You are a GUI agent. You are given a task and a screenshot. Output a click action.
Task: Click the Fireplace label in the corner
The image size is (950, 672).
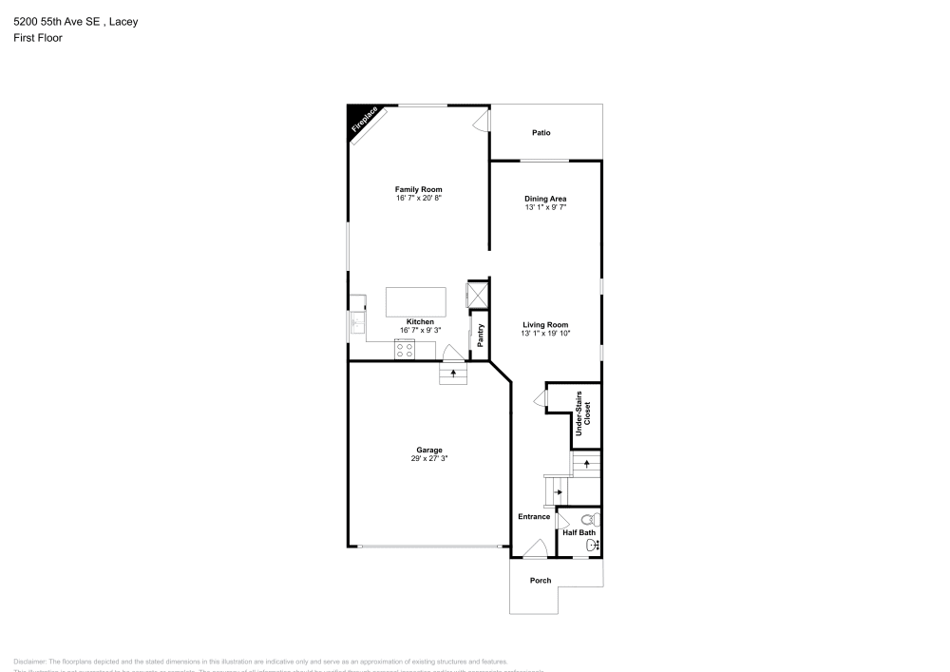365,123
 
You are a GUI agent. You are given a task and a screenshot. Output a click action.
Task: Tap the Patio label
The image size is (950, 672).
541,133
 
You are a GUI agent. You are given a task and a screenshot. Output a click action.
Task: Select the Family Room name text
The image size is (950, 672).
419,189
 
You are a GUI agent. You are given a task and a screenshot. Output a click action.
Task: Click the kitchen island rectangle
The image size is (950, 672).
416,302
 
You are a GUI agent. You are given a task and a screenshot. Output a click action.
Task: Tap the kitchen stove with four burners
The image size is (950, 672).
405,350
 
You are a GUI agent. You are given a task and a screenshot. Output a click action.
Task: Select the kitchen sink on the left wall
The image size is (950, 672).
358,323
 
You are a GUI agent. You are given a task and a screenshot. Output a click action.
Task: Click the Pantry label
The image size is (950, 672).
481,335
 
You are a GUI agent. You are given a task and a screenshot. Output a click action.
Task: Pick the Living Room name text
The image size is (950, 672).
545,325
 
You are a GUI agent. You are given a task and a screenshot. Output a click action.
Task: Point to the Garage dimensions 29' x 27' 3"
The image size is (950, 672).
429,458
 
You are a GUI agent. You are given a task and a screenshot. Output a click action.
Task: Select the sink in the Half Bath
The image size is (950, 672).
594,545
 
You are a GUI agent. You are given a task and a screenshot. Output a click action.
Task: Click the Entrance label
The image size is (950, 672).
534,516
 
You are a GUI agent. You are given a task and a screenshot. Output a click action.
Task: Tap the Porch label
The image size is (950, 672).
541,580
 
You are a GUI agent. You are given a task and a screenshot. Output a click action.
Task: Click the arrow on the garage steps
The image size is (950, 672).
453,374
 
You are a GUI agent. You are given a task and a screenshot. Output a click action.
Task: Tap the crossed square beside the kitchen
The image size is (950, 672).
477,293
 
